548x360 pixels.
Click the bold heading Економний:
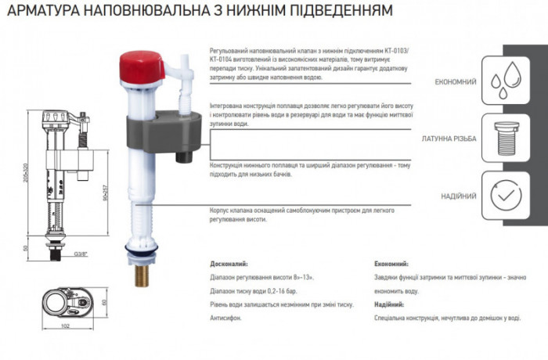(391, 265)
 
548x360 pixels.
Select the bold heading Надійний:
(390, 304)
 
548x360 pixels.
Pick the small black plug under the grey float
(186, 158)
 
